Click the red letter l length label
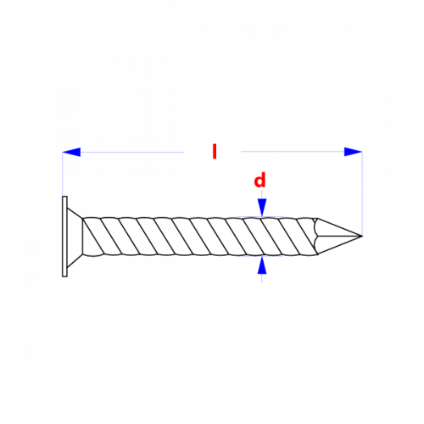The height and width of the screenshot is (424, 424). coord(215,152)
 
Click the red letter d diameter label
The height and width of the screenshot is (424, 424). coord(259,180)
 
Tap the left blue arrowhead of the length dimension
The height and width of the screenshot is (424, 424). coord(71,152)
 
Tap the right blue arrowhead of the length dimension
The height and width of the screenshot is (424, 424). coord(353,152)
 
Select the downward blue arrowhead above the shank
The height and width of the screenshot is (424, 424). coord(262,208)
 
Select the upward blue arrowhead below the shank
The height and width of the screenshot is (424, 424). coord(262,265)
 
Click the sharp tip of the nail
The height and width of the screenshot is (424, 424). coord(362,236)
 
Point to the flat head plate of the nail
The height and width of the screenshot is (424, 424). coord(64,237)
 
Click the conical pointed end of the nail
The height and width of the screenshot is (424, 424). coord(339,237)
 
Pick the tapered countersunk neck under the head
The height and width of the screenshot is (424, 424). coord(75,237)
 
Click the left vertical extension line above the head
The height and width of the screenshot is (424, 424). coord(63,174)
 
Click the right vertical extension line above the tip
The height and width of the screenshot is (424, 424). coord(362,193)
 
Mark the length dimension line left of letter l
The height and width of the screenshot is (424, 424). coord(132,152)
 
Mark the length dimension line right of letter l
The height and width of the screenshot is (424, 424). coord(293,152)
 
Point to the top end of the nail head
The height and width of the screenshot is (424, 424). coord(64,196)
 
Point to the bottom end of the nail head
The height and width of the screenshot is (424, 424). coord(64,276)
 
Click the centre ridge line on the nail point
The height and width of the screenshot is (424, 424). coord(339,236)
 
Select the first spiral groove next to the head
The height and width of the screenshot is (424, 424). coord(93,237)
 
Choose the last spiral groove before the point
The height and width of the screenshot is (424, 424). coord(306,237)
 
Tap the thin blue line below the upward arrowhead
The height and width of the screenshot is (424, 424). coord(262,278)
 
